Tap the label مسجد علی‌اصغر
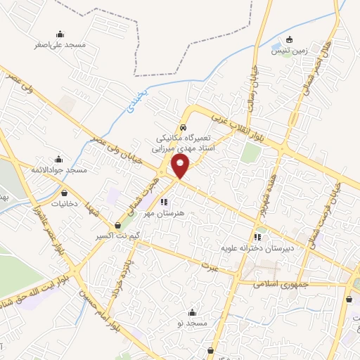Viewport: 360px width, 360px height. coord(60,44)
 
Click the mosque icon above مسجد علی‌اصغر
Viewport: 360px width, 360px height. coord(60,33)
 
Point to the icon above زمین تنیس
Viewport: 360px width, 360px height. coord(288,39)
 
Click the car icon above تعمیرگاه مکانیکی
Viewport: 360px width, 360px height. coord(183,128)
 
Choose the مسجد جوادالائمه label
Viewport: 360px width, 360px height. coord(58,171)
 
